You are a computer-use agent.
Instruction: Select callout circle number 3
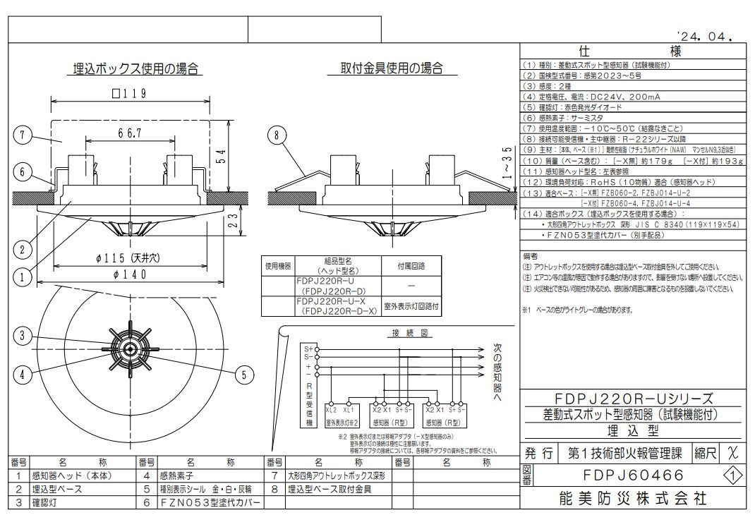point(23,337)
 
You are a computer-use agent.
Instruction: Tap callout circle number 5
point(244,375)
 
